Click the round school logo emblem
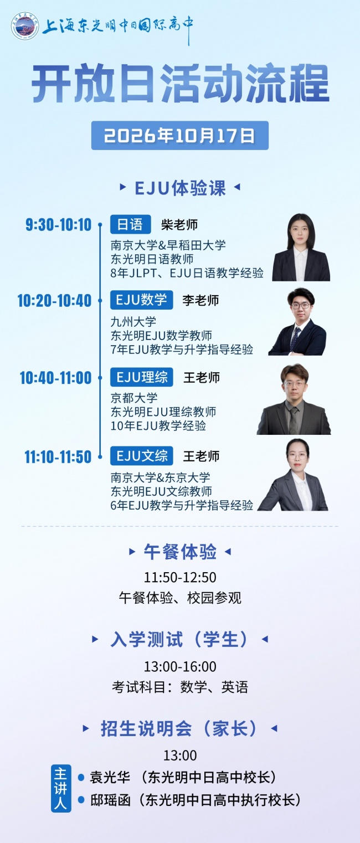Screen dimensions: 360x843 click(x=25, y=25)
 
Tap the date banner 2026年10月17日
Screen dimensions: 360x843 click(x=180, y=136)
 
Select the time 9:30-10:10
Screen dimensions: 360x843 click(x=58, y=225)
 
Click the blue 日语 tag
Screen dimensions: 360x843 click(x=131, y=224)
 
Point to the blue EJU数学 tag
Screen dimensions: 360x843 click(x=141, y=300)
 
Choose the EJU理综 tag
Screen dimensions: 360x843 click(x=141, y=377)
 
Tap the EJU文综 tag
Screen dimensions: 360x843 click(x=141, y=456)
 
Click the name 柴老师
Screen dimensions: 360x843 click(x=179, y=225)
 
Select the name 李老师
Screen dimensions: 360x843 click(x=200, y=300)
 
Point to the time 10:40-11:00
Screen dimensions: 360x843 click(x=56, y=378)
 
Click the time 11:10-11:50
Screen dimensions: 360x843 click(x=58, y=457)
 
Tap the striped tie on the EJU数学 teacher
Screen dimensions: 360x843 click(x=295, y=338)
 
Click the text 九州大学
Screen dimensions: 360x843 click(x=133, y=322)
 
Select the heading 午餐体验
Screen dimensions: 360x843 click(x=180, y=552)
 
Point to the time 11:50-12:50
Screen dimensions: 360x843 click(x=180, y=577)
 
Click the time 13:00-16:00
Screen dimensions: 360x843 click(x=180, y=666)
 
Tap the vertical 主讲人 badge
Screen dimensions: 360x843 click(x=61, y=788)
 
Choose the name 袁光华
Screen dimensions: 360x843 click(x=110, y=777)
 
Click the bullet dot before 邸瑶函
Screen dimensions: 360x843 click(x=81, y=800)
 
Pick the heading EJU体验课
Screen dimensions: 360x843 click(x=180, y=188)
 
